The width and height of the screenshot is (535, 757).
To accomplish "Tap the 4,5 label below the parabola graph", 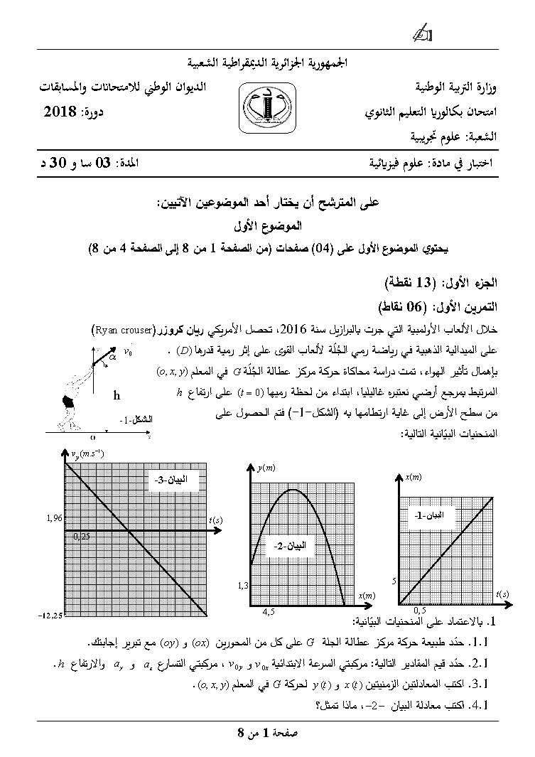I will (269, 611).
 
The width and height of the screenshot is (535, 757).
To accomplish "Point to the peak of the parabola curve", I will (293, 490).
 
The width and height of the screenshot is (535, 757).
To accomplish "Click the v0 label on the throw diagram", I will (129, 352).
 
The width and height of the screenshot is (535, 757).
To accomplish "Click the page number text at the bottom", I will (267, 731).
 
